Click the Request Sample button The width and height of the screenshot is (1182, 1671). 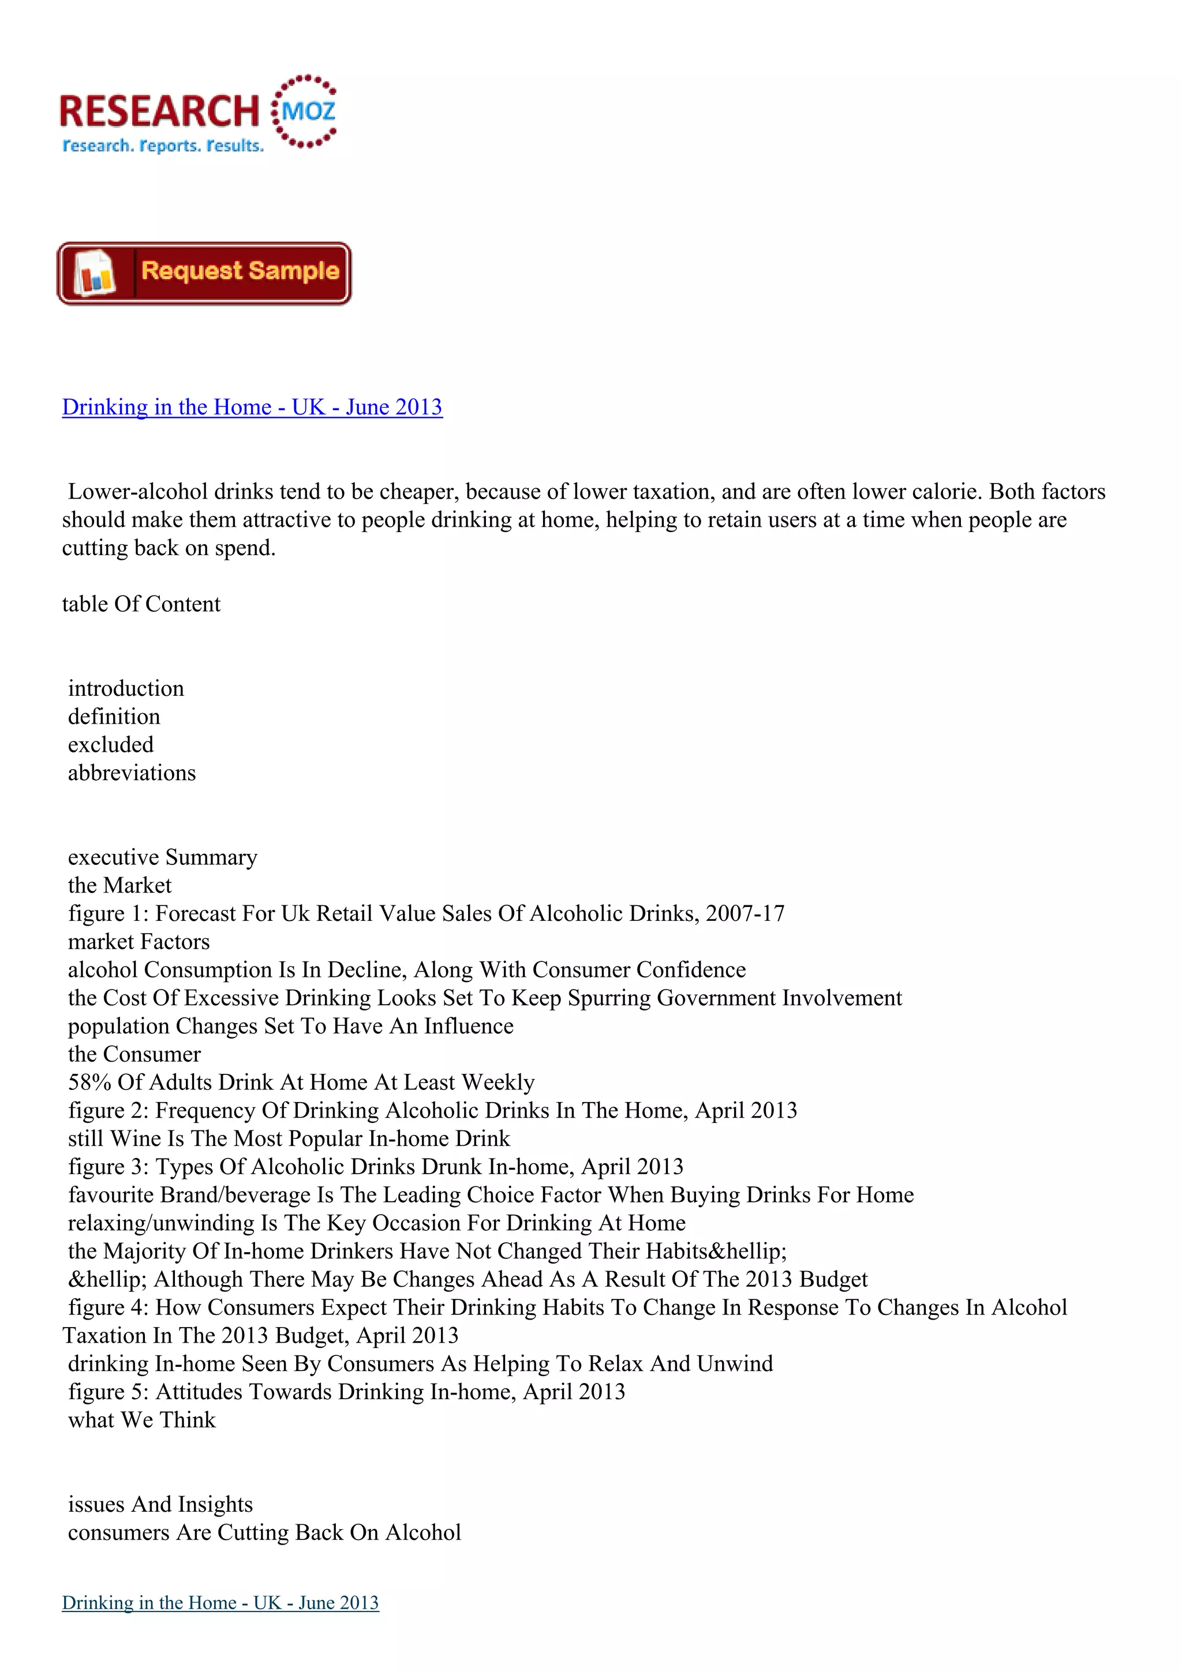point(204,273)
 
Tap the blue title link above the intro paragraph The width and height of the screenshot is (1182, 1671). point(252,407)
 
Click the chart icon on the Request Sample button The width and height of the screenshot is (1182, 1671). point(95,273)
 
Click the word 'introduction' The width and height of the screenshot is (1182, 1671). point(126,688)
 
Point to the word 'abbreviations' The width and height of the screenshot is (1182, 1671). point(132,773)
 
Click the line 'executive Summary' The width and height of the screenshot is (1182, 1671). point(162,857)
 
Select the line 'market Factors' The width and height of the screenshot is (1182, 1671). point(139,942)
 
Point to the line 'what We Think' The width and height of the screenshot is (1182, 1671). point(142,1420)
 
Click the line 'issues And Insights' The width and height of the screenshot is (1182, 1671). point(160,1504)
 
